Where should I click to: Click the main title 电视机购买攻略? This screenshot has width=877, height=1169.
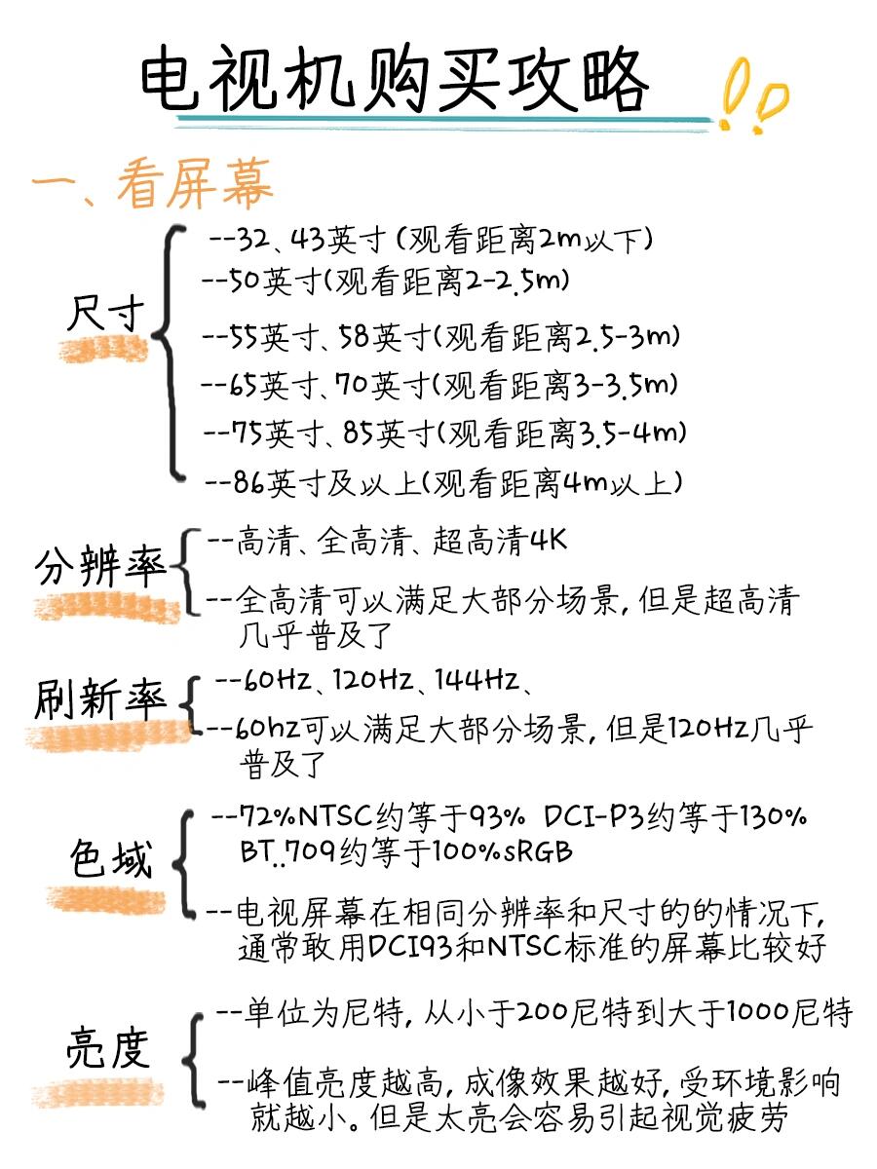pos(395,80)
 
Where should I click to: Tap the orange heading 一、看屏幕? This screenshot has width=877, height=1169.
pos(152,183)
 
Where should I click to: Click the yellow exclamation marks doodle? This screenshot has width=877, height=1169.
pos(752,94)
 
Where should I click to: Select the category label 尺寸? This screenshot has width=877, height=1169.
pos(106,313)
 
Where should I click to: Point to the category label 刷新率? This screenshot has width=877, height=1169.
pos(100,698)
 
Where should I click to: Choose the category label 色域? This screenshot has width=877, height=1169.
pos(111,859)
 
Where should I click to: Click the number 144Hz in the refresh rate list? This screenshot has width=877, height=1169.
pos(477,680)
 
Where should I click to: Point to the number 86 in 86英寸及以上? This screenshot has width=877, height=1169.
pos(248,483)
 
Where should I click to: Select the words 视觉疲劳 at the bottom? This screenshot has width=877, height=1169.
pos(725,1117)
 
